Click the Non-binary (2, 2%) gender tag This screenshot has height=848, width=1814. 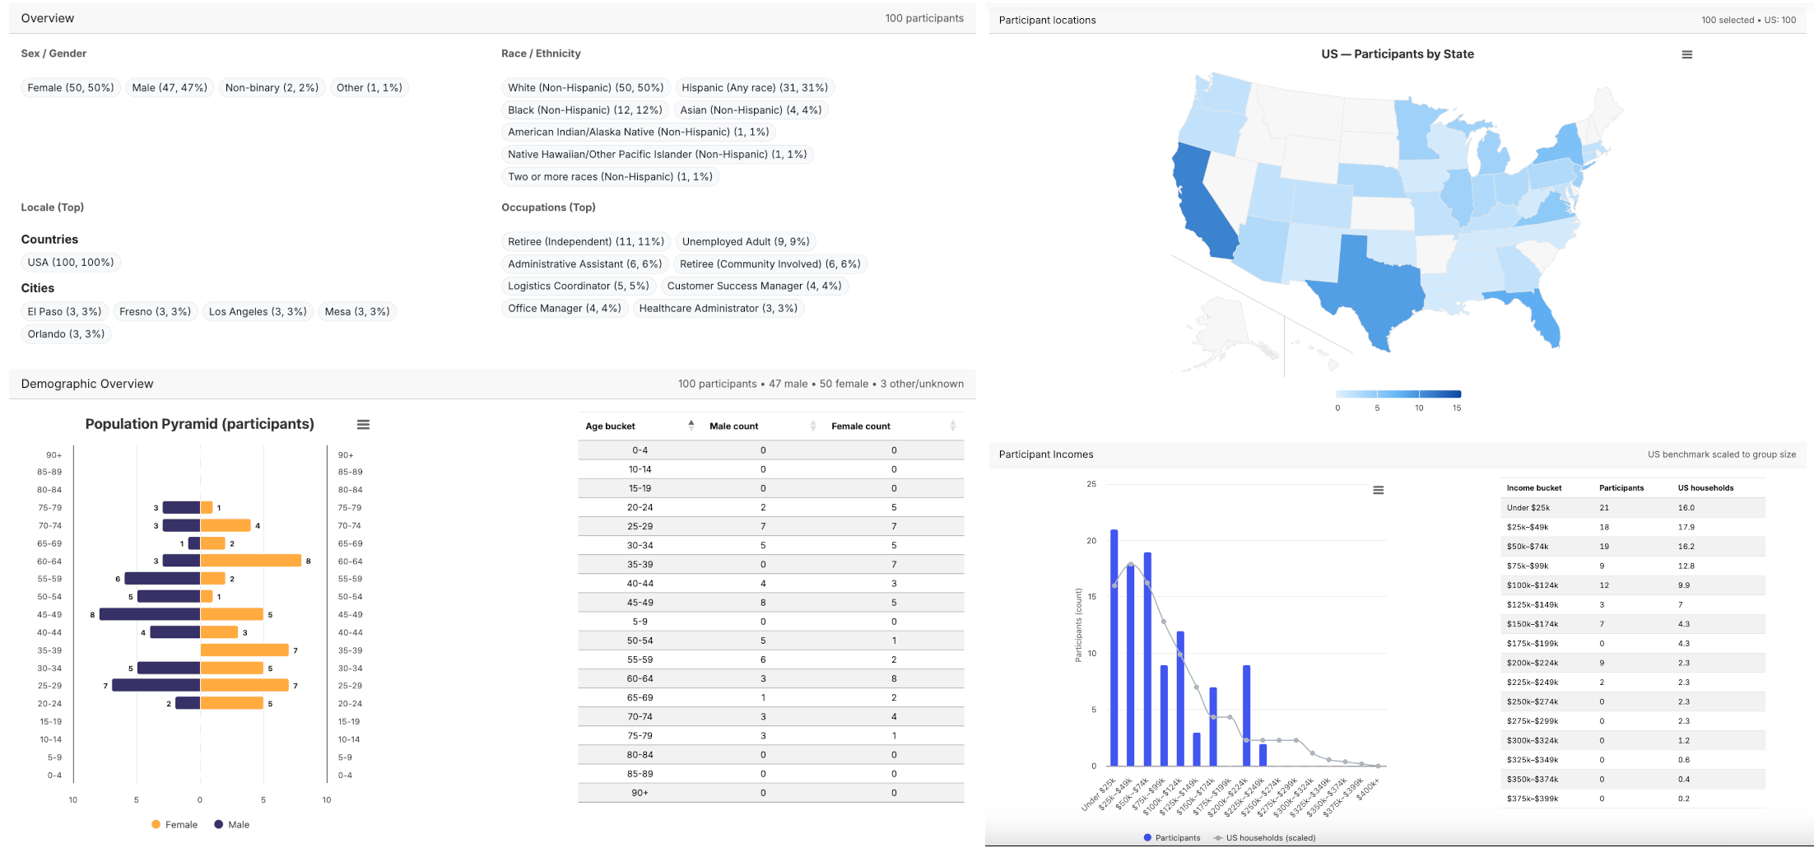click(272, 88)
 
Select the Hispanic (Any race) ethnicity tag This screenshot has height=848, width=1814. click(754, 88)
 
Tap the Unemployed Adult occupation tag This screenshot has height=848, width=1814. click(745, 242)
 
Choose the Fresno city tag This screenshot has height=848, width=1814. click(155, 312)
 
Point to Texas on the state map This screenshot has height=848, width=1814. click(1374, 288)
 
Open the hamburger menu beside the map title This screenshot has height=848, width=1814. click(1686, 54)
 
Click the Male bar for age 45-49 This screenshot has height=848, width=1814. click(150, 614)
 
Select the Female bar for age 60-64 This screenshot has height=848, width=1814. click(251, 561)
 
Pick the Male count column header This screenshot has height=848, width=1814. click(734, 426)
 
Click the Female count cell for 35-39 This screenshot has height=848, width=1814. click(894, 565)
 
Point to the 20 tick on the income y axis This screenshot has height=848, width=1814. click(1091, 541)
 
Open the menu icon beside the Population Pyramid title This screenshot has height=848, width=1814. click(363, 425)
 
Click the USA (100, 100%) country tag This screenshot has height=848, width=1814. click(71, 263)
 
